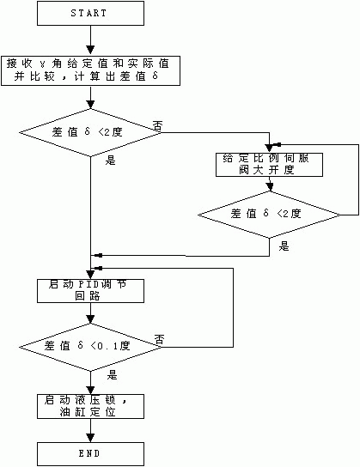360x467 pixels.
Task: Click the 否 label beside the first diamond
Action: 158,125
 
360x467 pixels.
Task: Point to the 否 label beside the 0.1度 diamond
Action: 160,339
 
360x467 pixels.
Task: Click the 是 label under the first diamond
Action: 110,161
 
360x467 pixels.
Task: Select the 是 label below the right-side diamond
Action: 284,246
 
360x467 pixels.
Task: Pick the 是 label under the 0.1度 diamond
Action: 113,375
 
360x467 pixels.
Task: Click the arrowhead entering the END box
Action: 90,438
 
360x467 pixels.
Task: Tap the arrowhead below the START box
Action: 90,50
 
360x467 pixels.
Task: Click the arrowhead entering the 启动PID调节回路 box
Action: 90,275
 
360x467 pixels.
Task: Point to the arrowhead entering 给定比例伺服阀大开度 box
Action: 270,149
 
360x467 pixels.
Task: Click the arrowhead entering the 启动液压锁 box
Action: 90,391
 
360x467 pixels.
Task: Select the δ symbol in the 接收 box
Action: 155,76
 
